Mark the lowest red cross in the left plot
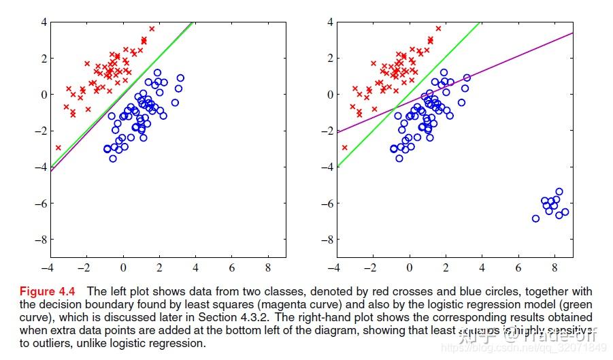59,147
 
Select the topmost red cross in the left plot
152,29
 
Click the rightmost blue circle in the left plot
180,78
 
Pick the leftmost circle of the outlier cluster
535,218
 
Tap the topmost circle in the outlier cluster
559,192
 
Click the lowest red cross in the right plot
345,147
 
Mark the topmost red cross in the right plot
438,29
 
